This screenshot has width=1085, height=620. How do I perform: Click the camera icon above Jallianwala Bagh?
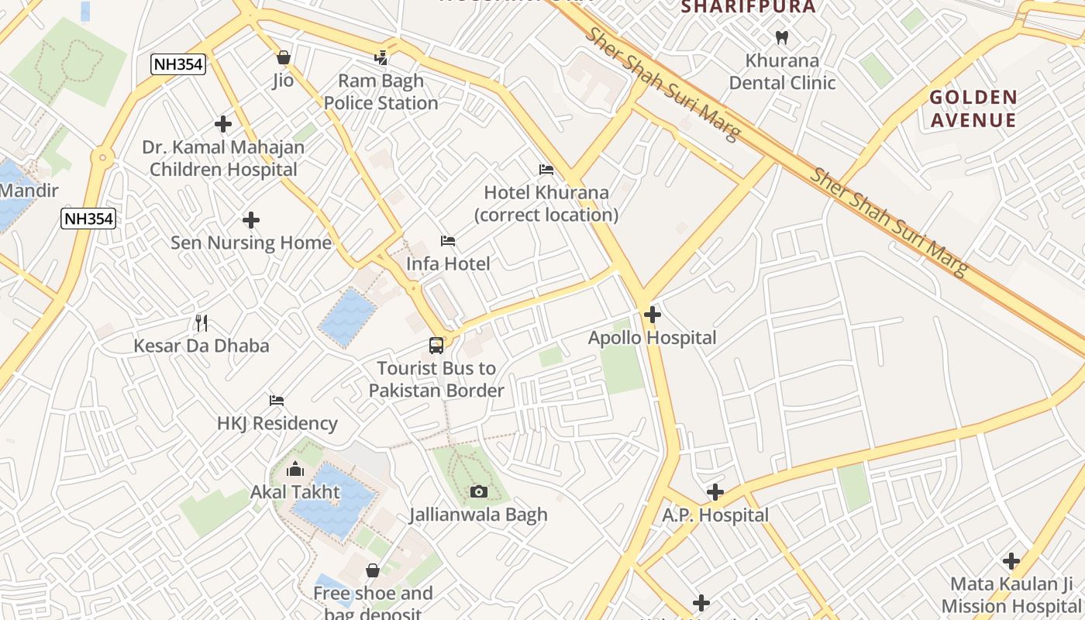pyautogui.click(x=479, y=491)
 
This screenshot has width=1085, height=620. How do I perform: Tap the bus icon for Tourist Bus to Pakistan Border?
pyautogui.click(x=436, y=346)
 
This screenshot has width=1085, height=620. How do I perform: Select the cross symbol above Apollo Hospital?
pyautogui.click(x=653, y=315)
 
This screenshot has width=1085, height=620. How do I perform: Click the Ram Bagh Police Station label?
pyautogui.click(x=381, y=91)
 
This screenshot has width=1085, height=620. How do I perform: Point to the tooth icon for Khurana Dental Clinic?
pyautogui.click(x=782, y=37)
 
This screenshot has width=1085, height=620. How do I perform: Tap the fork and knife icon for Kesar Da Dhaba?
pyautogui.click(x=201, y=322)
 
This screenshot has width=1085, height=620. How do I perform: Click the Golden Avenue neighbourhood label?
pyautogui.click(x=973, y=108)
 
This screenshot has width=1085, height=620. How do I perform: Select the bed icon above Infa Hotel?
pyautogui.click(x=448, y=241)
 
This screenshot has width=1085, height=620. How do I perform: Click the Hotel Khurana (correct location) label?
pyautogui.click(x=546, y=203)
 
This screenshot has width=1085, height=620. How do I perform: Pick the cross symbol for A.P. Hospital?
pyautogui.click(x=715, y=492)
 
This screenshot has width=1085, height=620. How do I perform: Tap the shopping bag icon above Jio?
pyautogui.click(x=283, y=57)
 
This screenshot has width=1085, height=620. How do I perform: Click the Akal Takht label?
pyautogui.click(x=294, y=492)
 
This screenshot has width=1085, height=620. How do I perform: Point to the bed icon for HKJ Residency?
pyautogui.click(x=277, y=401)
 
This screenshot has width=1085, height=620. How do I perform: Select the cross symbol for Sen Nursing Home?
pyautogui.click(x=251, y=220)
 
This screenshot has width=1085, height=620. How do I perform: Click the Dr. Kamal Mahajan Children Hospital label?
pyautogui.click(x=223, y=158)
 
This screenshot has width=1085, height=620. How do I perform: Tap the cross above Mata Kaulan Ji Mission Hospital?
pyautogui.click(x=1011, y=561)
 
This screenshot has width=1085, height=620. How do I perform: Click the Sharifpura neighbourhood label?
pyautogui.click(x=748, y=7)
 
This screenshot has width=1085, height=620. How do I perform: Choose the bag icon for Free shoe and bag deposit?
pyautogui.click(x=373, y=570)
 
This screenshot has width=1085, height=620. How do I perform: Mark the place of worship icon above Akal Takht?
pyautogui.click(x=294, y=469)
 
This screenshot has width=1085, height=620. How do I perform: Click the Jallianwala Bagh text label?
pyautogui.click(x=478, y=515)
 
